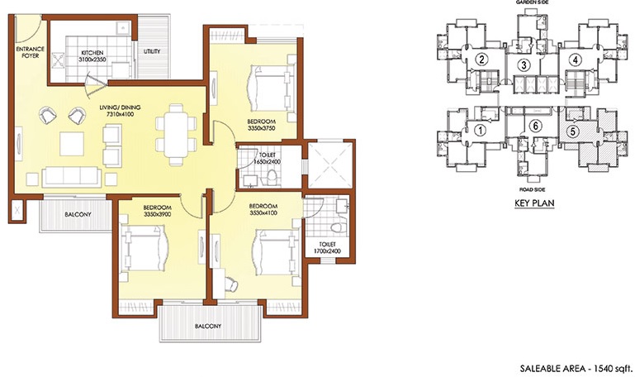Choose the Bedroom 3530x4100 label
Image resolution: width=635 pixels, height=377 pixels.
pyautogui.click(x=262, y=208)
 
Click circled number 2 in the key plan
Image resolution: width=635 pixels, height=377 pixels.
pyautogui.click(x=480, y=59)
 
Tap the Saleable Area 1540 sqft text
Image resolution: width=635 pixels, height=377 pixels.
pyautogui.click(x=575, y=365)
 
